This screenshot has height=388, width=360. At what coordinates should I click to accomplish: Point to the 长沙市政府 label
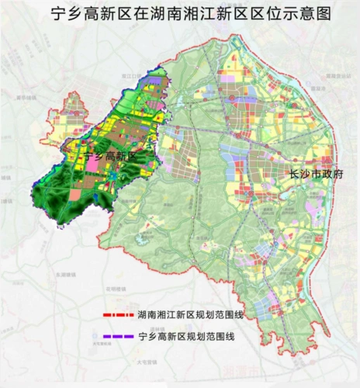coord(313,175)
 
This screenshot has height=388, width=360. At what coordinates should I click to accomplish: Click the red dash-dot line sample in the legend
coord(117,317)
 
